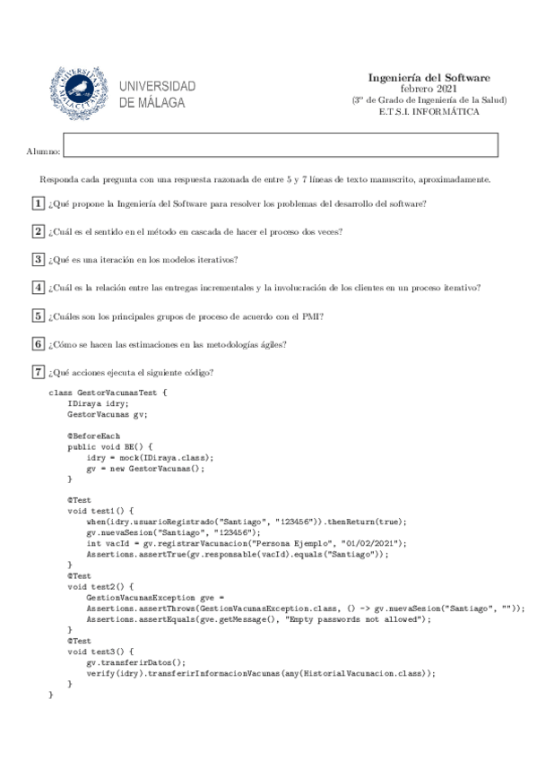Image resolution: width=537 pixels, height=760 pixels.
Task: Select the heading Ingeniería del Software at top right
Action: click(429, 78)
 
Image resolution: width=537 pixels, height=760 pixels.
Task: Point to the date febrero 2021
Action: click(429, 89)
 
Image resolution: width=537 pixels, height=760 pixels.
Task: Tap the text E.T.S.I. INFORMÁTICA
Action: click(429, 112)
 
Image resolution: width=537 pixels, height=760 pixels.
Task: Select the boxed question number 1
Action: click(38, 203)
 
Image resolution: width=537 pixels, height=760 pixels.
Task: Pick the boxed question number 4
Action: click(38, 288)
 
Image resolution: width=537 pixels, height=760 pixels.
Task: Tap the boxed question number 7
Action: click(38, 372)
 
